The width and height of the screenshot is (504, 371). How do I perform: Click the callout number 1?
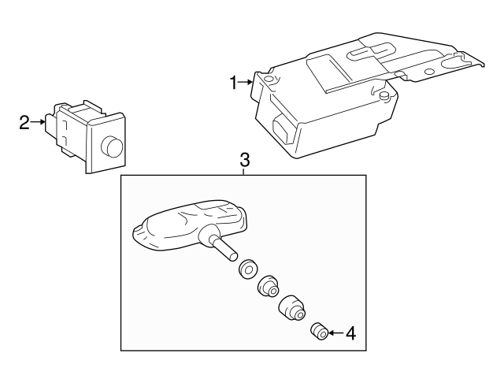click(233, 82)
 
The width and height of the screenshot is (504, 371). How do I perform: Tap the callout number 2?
click(24, 122)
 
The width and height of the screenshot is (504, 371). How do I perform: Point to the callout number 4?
click(350, 333)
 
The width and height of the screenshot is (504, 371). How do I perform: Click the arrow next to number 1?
click(246, 82)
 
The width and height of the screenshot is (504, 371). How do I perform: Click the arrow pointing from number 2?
click(39, 122)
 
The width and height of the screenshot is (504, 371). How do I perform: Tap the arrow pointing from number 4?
click(335, 333)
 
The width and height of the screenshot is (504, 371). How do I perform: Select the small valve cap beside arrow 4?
click(319, 331)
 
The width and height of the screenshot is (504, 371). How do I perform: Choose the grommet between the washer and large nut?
click(268, 288)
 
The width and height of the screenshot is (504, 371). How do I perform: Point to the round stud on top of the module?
click(384, 95)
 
